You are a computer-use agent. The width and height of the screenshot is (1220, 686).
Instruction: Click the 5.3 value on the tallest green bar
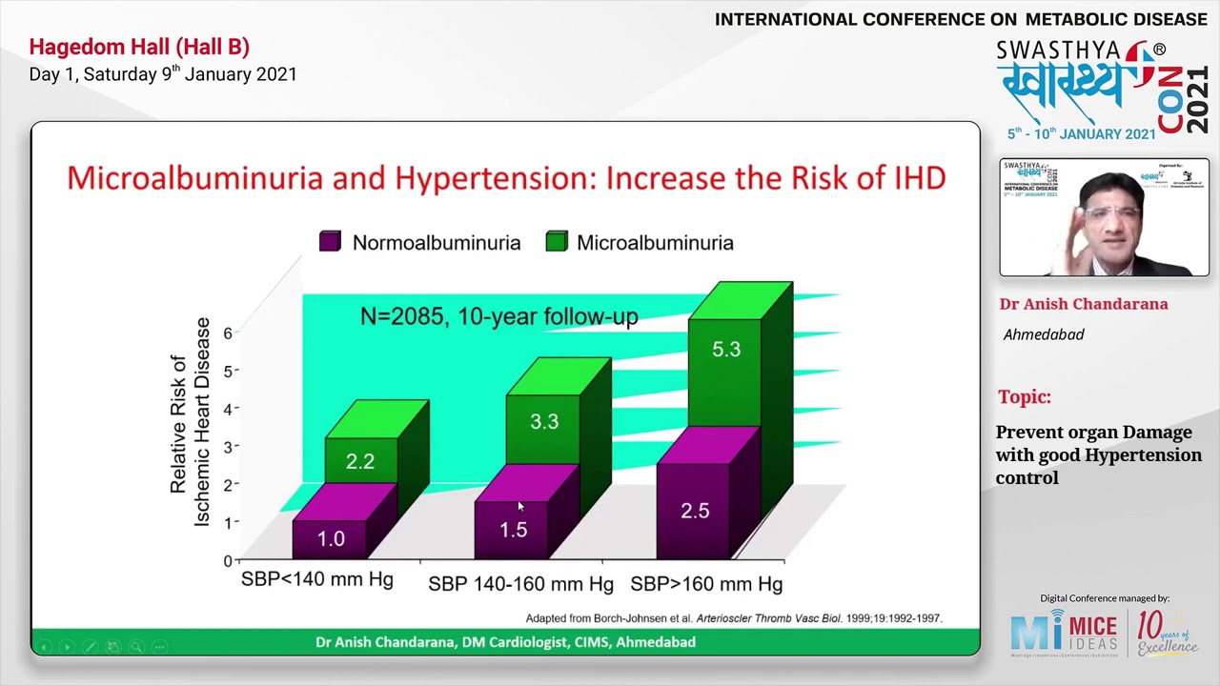click(x=725, y=350)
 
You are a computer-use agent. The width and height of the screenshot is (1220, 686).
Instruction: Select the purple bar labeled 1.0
click(x=330, y=538)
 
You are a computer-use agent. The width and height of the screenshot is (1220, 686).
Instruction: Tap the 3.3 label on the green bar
click(x=543, y=421)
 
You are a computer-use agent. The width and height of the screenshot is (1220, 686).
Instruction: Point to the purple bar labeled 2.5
click(x=694, y=511)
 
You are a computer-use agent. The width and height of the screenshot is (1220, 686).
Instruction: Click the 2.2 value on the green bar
click(x=360, y=461)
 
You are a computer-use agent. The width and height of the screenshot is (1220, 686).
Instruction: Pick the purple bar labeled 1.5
click(x=513, y=530)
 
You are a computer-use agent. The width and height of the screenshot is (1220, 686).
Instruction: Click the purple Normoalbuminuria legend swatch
click(x=330, y=242)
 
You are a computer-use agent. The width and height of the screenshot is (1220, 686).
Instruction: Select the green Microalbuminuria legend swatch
click(x=557, y=242)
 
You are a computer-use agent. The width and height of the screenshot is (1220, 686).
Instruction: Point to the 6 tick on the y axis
click(x=228, y=333)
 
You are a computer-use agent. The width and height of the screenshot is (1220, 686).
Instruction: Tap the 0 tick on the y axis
click(x=228, y=560)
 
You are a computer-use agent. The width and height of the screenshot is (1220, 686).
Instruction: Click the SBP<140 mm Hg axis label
click(x=316, y=579)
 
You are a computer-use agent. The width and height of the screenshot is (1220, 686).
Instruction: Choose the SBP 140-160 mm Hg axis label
click(x=520, y=583)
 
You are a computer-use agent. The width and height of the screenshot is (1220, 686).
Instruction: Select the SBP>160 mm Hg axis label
click(x=706, y=583)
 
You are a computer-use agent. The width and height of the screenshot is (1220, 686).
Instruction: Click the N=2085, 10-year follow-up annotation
click(x=498, y=316)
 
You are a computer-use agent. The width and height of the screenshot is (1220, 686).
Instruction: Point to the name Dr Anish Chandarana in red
click(x=1083, y=304)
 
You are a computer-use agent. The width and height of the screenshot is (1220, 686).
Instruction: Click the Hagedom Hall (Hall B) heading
click(x=139, y=47)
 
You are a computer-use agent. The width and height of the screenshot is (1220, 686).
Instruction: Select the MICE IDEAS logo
click(x=1064, y=633)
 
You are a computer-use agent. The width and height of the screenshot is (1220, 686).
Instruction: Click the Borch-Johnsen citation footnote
click(x=733, y=617)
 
